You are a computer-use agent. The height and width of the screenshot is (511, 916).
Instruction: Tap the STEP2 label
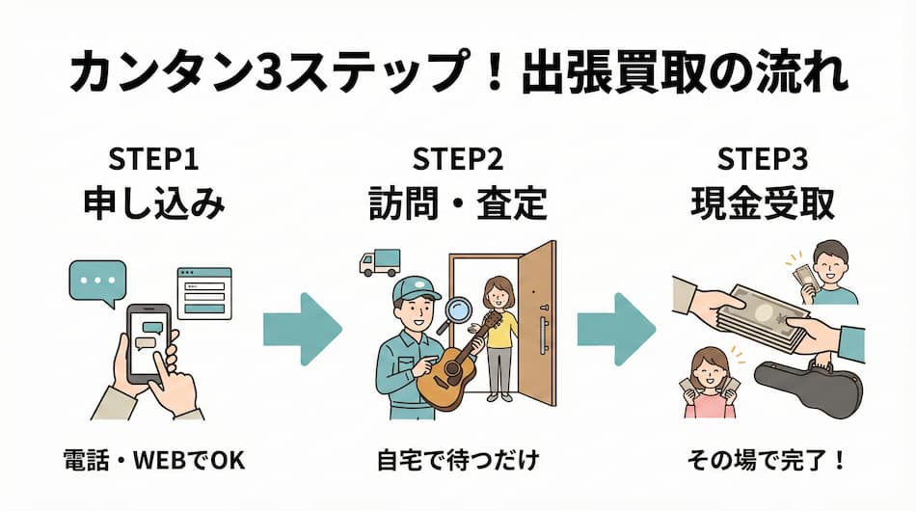click(457, 157)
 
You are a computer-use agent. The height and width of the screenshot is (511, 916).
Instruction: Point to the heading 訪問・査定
click(457, 203)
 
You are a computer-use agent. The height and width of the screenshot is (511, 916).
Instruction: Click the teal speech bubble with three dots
click(97, 281)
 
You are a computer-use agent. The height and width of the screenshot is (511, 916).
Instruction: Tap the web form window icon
click(203, 292)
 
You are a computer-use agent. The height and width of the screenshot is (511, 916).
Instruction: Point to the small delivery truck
click(379, 262)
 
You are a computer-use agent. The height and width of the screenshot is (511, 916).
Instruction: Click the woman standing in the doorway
click(499, 337)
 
